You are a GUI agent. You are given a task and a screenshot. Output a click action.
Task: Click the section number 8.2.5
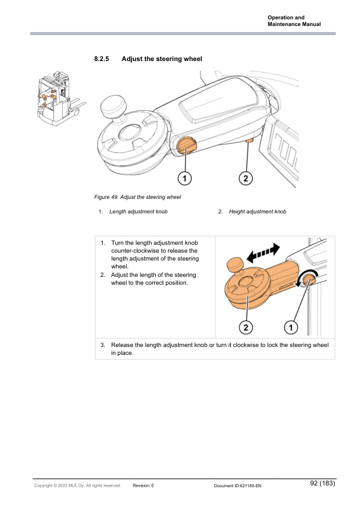[101, 59]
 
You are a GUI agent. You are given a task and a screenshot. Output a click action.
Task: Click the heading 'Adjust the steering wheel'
[162, 59]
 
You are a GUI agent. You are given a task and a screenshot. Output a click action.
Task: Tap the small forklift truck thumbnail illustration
[61, 99]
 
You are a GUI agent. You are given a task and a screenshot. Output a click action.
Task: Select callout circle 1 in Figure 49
[185, 178]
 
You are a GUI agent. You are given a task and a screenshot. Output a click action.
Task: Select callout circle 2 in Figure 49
[245, 178]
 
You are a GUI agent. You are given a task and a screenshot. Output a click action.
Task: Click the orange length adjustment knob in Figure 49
[186, 145]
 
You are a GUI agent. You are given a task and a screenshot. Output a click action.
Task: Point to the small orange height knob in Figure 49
[249, 141]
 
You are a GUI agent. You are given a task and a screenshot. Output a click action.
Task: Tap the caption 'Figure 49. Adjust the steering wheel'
[138, 197]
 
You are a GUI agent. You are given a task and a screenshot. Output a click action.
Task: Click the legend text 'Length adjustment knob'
[138, 212]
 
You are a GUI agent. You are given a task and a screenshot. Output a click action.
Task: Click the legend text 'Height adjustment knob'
[257, 212]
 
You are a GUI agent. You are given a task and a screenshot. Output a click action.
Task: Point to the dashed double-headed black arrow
[263, 253]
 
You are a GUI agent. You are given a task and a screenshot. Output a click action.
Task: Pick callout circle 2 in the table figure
[245, 327]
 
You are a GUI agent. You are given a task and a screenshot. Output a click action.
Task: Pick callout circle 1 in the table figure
[291, 327]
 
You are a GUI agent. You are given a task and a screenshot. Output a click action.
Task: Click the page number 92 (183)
[323, 483]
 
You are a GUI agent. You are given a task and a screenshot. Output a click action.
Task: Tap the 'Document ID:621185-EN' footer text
[238, 486]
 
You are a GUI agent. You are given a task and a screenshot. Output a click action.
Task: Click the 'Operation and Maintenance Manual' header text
[294, 21]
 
